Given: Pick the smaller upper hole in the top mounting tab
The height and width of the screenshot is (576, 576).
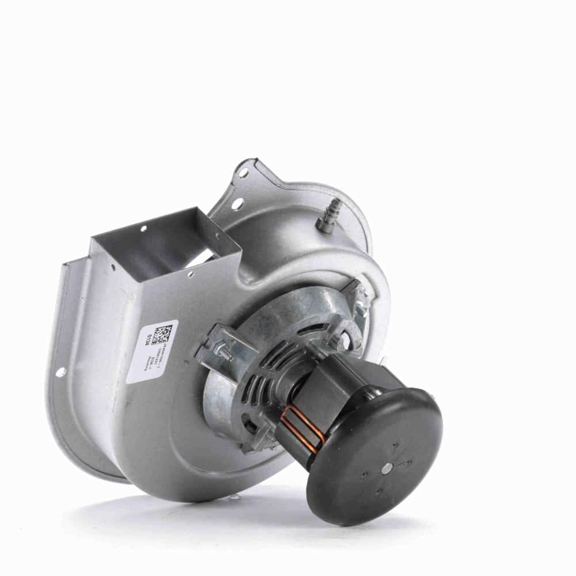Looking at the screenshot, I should click(244, 173).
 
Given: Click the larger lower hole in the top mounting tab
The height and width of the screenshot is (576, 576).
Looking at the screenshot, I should click(237, 203).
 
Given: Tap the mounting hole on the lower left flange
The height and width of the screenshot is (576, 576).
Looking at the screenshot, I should click(60, 372).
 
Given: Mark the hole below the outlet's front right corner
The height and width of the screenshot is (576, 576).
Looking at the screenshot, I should click(190, 275).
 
